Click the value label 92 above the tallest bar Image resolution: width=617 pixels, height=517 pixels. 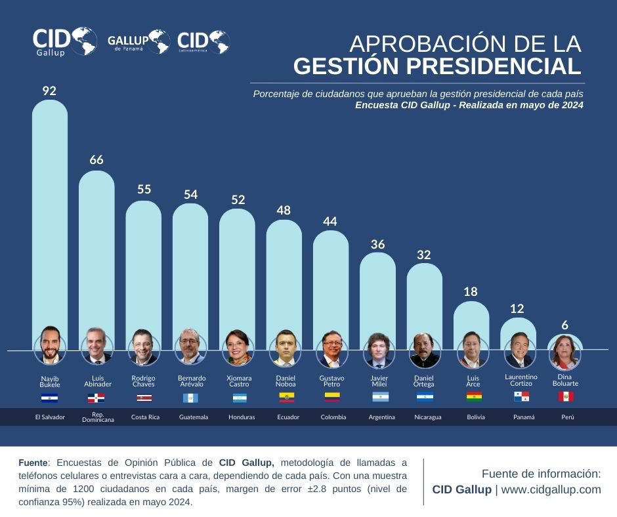49,91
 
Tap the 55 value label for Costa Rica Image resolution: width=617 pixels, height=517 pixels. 144,190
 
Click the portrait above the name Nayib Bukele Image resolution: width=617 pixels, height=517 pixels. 50,345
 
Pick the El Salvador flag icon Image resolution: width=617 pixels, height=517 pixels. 50,398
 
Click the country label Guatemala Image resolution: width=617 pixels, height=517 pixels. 194,417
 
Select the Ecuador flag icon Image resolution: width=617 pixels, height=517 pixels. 286,397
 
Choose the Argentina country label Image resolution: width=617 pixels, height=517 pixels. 381,417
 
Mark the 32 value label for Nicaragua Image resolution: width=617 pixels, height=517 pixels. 424,255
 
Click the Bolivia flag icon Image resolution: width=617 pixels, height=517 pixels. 473,396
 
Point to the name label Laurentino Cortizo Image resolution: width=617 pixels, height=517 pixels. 521,380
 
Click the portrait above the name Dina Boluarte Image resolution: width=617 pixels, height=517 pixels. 565,352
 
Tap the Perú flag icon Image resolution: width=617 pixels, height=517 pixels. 566,396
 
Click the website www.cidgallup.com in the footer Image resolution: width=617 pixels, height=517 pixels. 551,489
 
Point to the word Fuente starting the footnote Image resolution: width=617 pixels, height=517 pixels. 32,463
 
